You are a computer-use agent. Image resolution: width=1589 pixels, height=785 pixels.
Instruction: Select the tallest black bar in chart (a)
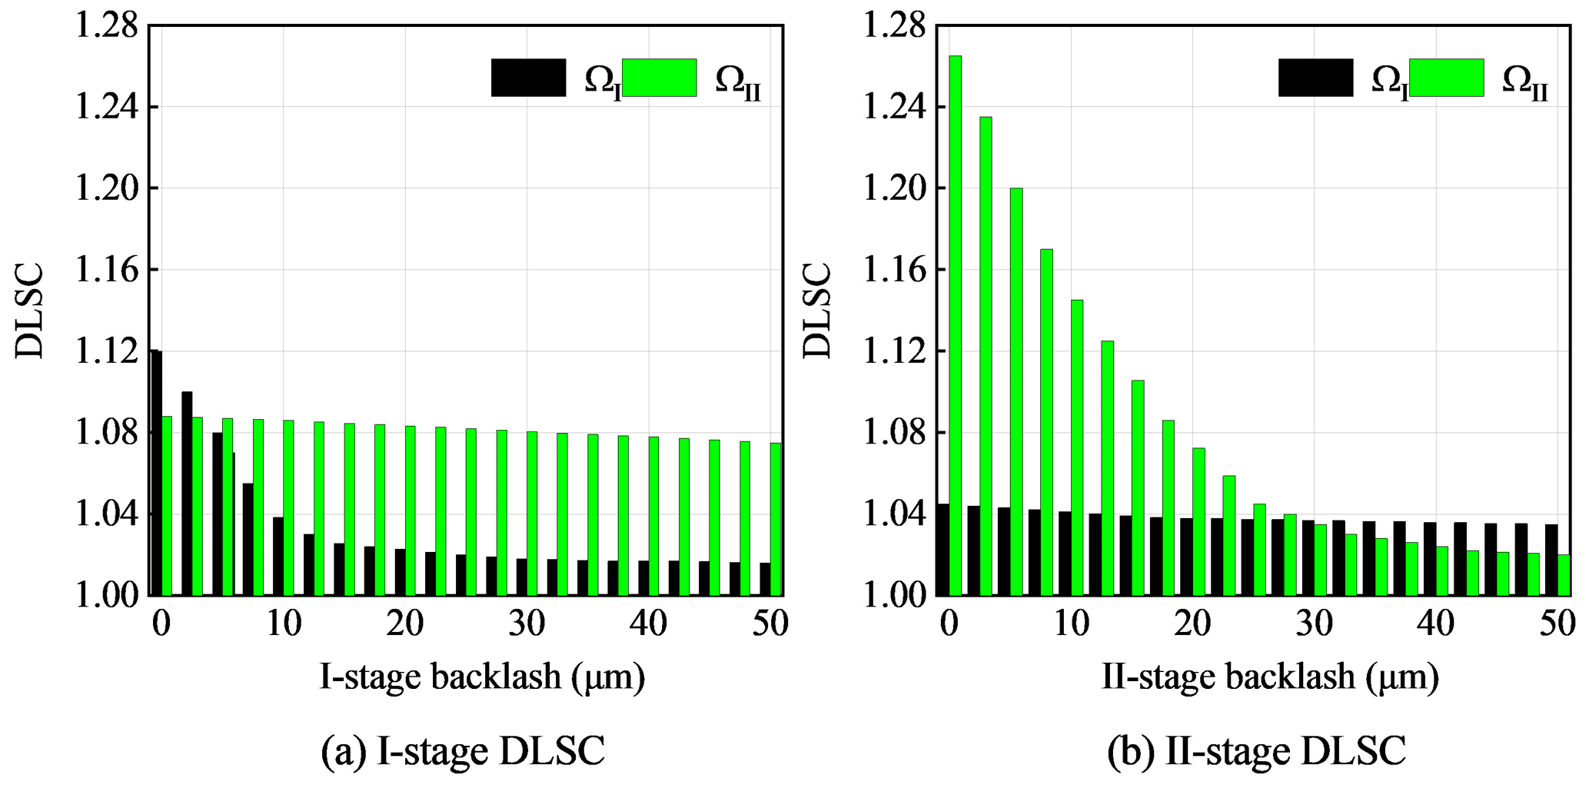(156, 473)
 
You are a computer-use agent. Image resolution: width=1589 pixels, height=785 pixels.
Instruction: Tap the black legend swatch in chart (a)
(528, 78)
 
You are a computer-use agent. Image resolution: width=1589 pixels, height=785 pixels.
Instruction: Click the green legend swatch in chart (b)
(1446, 78)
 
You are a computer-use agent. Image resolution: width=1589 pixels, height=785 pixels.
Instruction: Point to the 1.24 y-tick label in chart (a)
(106, 107)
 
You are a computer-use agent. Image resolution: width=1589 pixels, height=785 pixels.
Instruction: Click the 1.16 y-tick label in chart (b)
(894, 270)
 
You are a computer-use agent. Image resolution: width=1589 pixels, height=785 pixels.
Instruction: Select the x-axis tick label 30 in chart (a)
(527, 624)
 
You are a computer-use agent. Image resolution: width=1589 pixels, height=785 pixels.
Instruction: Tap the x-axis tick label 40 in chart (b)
(1435, 624)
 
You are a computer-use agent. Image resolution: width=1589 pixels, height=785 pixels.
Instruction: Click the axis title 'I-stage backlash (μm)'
(482, 677)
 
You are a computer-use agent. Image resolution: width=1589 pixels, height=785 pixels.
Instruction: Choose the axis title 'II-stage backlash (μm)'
(1270, 677)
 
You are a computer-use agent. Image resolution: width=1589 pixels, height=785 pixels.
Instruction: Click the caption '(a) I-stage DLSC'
(463, 751)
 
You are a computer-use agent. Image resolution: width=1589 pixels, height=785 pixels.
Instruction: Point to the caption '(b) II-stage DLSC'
(1256, 751)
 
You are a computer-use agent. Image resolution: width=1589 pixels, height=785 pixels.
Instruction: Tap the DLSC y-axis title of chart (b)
(817, 311)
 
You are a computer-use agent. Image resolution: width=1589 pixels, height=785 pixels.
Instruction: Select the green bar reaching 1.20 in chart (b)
(1016, 392)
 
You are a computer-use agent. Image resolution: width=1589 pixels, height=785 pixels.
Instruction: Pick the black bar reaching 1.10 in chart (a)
(187, 494)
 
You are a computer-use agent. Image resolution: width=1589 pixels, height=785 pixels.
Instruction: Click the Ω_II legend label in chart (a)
(737, 81)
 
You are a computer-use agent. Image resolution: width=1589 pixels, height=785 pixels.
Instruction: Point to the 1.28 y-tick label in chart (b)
(894, 26)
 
